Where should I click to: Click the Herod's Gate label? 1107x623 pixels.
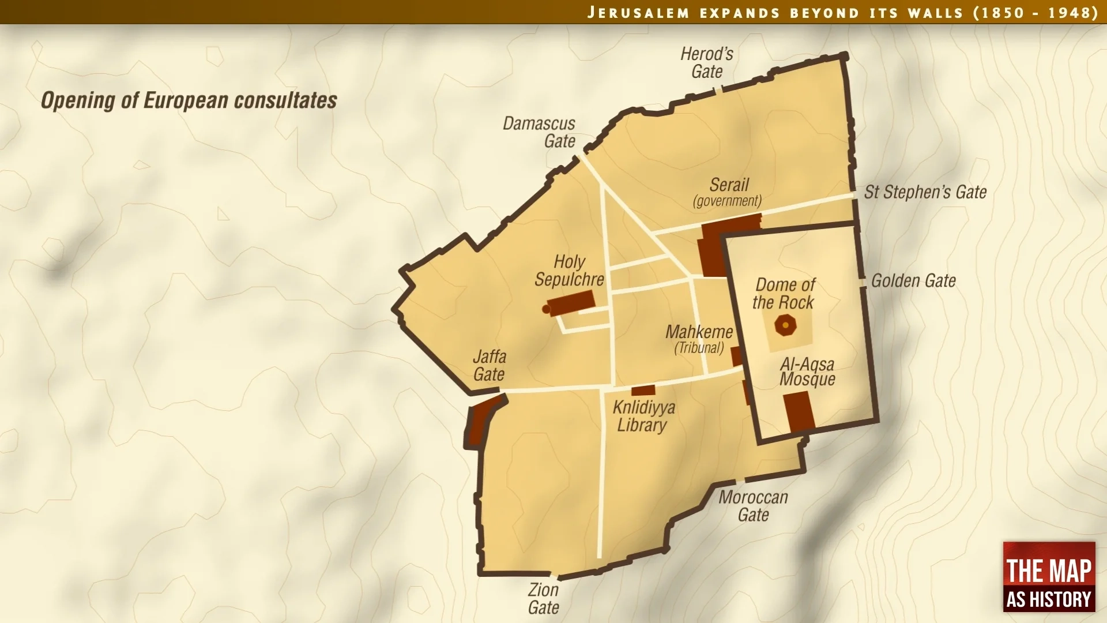tap(707, 63)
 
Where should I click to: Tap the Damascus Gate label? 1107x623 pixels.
tap(539, 132)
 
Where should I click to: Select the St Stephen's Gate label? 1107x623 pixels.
tap(925, 192)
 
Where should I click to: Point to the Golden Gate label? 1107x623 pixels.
tap(913, 281)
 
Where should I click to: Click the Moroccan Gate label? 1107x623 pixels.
tap(753, 506)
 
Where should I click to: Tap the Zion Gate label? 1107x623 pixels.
tap(543, 599)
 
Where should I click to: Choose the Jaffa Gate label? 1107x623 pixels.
tap(489, 366)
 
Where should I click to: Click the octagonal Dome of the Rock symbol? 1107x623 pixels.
tap(785, 325)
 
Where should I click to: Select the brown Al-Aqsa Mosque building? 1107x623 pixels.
tap(799, 411)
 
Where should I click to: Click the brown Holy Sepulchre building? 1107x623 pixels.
tap(571, 303)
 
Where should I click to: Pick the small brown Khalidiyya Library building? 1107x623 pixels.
tap(643, 391)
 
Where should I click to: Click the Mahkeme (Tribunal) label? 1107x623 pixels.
tap(699, 339)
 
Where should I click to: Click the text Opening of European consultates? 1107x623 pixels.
tap(189, 100)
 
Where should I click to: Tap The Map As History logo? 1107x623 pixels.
tap(1049, 577)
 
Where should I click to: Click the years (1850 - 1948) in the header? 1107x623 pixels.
tap(1036, 12)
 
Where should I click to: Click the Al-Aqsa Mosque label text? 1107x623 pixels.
tap(807, 371)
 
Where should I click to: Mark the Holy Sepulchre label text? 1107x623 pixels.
tap(569, 271)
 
